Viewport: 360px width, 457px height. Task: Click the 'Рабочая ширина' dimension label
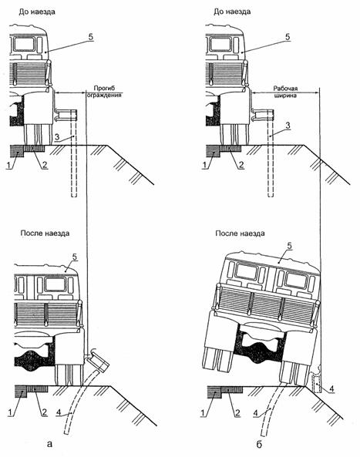pyautogui.click(x=285, y=92)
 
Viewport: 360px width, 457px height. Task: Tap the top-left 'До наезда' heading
pyautogui.click(x=37, y=12)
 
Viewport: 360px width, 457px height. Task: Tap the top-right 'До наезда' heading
pyautogui.click(x=232, y=12)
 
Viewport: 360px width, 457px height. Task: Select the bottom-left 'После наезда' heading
pyautogui.click(x=45, y=234)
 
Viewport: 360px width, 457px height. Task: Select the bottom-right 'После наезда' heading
pyautogui.click(x=240, y=234)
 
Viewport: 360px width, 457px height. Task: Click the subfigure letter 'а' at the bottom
pyautogui.click(x=49, y=444)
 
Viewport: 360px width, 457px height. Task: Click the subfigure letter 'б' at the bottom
pyautogui.click(x=260, y=444)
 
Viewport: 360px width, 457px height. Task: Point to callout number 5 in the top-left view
pyautogui.click(x=91, y=37)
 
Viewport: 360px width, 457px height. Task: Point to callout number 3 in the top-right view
pyautogui.click(x=288, y=126)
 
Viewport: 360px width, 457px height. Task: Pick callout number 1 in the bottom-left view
pyautogui.click(x=10, y=412)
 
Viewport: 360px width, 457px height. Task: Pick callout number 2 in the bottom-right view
pyautogui.click(x=237, y=413)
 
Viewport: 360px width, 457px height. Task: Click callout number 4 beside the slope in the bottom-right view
pyautogui.click(x=331, y=388)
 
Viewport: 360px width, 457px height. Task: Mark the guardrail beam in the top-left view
pyautogui.click(x=66, y=115)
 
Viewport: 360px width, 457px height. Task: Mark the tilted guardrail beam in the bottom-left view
pyautogui.click(x=98, y=360)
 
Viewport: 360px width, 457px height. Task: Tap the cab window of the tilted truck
pyautogui.click(x=295, y=280)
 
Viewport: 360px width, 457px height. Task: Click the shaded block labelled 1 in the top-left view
pyautogui.click(x=17, y=151)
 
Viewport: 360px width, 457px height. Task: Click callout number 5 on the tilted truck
pyautogui.click(x=289, y=245)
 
